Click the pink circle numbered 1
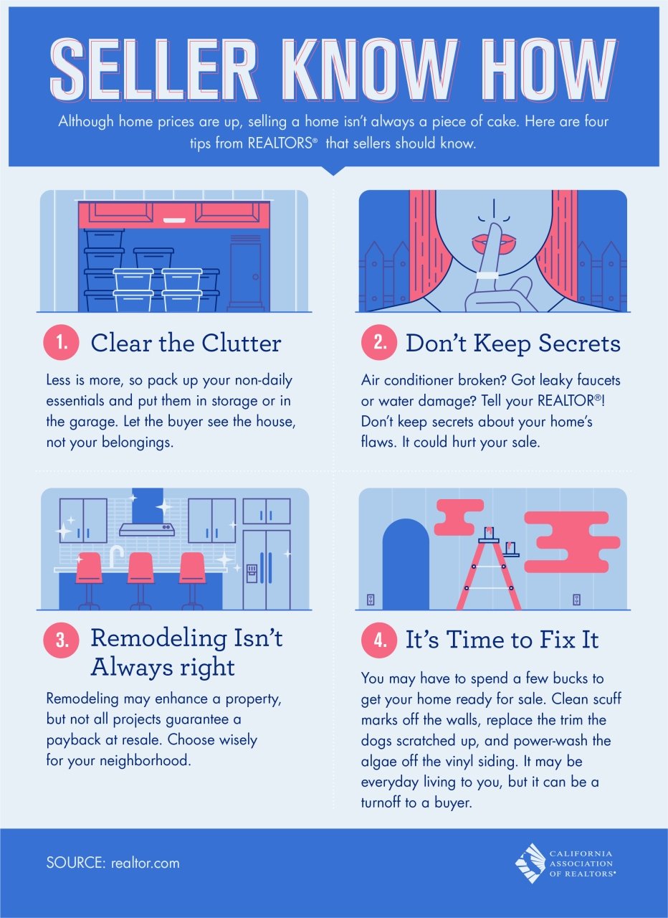click(63, 344)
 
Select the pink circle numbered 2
click(378, 344)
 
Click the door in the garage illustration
click(246, 276)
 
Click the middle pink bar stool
click(140, 570)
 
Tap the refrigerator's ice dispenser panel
click(252, 572)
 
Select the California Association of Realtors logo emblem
click(530, 863)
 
